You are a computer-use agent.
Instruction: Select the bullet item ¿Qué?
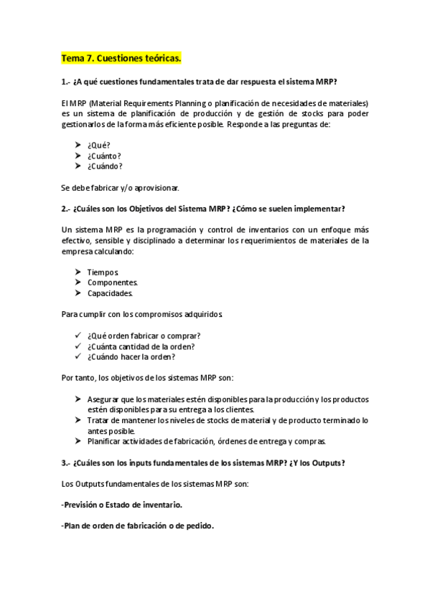point(98,145)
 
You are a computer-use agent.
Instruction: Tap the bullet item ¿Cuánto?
point(104,156)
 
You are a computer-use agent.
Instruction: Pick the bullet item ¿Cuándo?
point(105,166)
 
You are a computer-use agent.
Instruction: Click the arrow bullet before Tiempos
point(77,272)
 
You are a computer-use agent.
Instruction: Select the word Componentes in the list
point(113,282)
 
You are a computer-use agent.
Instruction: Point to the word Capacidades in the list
point(110,293)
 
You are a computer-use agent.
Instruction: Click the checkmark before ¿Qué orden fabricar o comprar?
point(77,336)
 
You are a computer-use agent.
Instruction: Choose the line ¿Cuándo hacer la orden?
point(131,356)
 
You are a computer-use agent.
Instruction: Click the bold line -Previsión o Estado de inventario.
point(122,505)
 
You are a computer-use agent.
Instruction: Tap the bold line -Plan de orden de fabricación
point(138,526)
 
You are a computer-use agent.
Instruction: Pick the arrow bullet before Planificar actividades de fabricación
point(77,441)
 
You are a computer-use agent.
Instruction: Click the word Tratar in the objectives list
point(98,420)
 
